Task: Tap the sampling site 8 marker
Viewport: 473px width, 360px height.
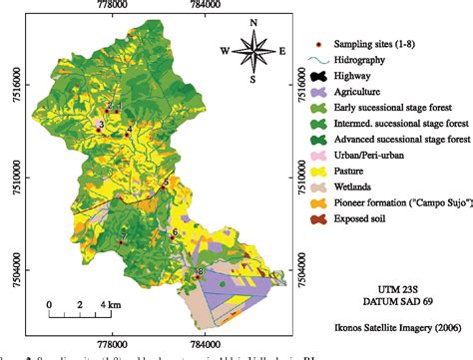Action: coord(200,271)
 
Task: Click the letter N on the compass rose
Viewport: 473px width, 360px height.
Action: coord(253,23)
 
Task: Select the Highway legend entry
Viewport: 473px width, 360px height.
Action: coord(362,76)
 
